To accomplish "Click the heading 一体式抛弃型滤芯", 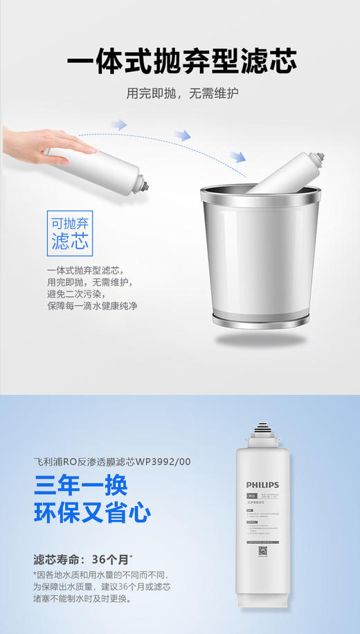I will pyautogui.click(x=181, y=61).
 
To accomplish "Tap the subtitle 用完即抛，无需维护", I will pyautogui.click(x=181, y=93).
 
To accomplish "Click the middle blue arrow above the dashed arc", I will pyautogui.click(x=181, y=135).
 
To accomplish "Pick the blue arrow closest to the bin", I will pyautogui.click(x=237, y=158).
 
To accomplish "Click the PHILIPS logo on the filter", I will pyautogui.click(x=262, y=484).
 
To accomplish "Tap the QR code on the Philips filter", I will pyautogui.click(x=262, y=551).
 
